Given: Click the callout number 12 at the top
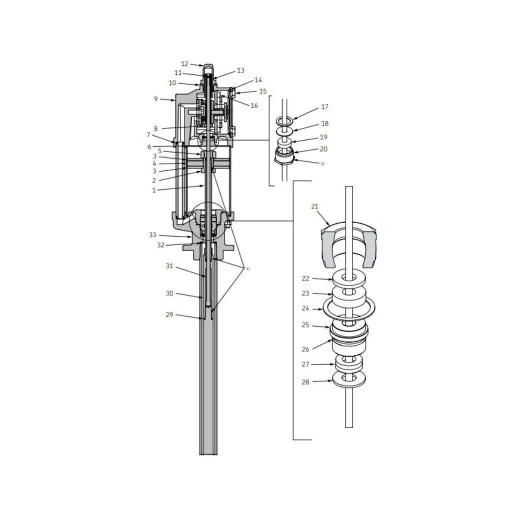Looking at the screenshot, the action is tap(184, 64).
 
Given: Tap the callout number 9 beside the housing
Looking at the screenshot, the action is tap(156, 98).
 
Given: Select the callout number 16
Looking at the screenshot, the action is tap(254, 105).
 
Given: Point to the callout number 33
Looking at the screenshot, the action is tap(152, 235).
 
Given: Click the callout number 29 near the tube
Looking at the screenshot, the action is tap(169, 315).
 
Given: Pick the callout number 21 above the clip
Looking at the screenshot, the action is tap(314, 206).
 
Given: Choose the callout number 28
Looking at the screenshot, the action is tap(305, 381).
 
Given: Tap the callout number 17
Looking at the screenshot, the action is tap(324, 107).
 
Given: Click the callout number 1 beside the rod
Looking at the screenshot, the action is tap(154, 190).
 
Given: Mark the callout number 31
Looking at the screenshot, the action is tap(169, 266).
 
